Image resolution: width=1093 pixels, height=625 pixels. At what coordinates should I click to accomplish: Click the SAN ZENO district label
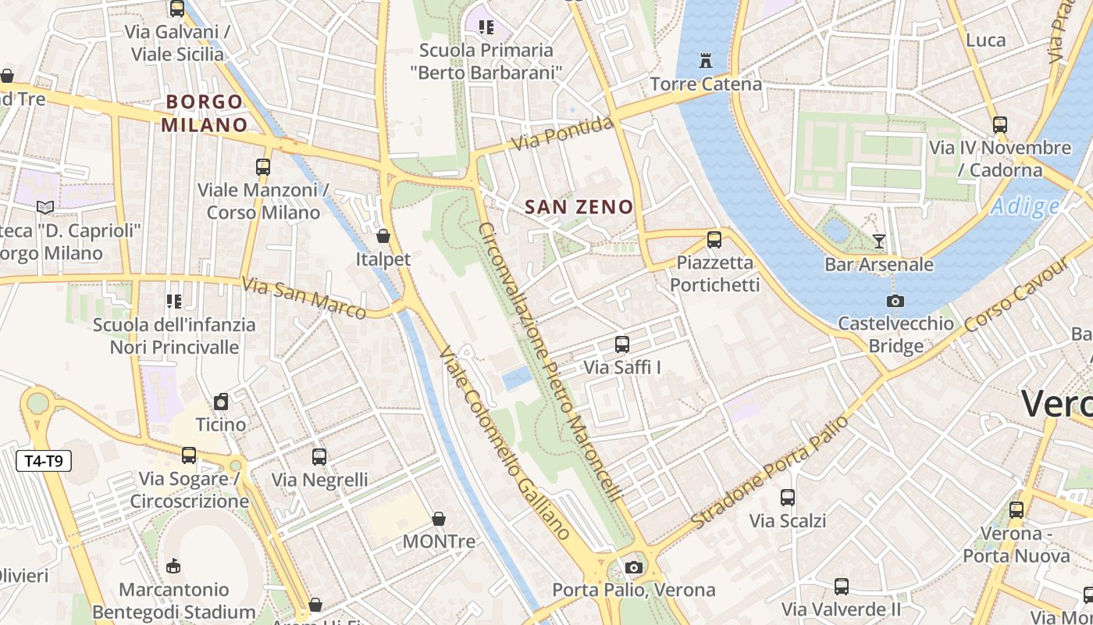point(579,207)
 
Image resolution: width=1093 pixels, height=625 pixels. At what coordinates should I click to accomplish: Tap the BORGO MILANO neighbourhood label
point(204,113)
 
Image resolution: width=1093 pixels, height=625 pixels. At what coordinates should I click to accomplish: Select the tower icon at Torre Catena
point(706,60)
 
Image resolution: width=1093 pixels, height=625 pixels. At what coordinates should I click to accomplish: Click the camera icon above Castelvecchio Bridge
point(895,301)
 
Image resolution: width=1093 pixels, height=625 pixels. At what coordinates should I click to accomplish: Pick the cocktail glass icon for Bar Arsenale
point(879,241)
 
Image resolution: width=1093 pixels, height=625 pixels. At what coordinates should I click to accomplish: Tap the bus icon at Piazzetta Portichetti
point(714,240)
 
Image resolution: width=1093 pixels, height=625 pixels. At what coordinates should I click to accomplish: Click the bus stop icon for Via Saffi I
point(622,344)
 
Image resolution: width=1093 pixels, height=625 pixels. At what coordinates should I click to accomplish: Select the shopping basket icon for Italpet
point(383,236)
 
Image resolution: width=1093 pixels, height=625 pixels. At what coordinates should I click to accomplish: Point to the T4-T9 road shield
point(44,461)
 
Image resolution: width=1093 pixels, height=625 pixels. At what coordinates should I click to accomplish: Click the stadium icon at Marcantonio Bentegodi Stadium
point(173,566)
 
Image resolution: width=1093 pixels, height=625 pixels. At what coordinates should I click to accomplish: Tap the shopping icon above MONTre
point(439,519)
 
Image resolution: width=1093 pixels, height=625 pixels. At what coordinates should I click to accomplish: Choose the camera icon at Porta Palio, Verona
point(634,567)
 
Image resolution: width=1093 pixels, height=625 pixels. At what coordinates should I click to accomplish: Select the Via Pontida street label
point(562,134)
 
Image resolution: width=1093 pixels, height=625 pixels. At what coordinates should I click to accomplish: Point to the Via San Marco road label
point(304,298)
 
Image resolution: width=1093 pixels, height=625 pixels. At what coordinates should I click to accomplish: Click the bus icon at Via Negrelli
point(319,457)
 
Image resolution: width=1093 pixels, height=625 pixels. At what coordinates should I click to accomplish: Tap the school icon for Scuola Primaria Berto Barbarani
point(486,27)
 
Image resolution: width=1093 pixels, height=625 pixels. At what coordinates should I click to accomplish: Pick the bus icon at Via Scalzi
point(788,498)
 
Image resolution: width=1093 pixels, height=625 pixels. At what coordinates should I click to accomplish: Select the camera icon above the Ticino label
point(221,402)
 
